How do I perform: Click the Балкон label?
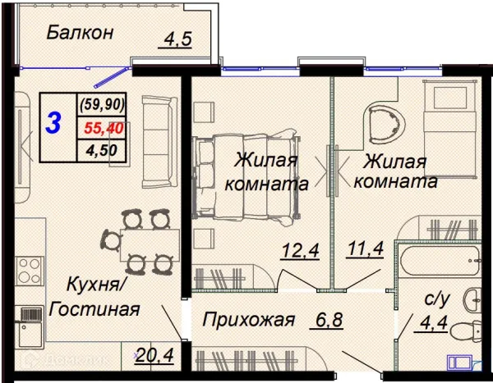(79, 33)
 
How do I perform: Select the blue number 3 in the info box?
(54, 124)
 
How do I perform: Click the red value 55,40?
(102, 128)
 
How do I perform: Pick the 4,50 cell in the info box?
(102, 151)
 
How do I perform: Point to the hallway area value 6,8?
(317, 320)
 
